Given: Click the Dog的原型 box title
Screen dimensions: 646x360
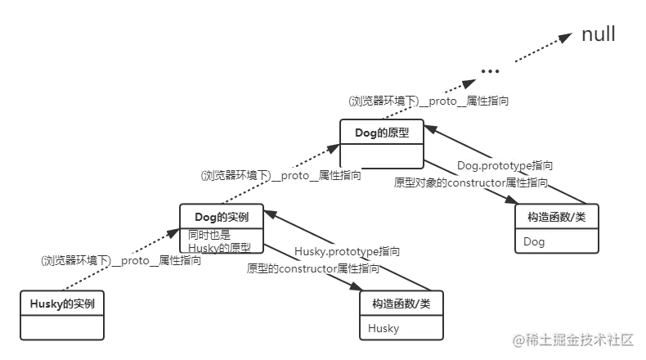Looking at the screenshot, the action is pos(382,132).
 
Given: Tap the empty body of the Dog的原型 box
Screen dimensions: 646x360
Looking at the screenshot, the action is pos(382,155).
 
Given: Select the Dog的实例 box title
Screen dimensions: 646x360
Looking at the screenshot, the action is pos(221,217).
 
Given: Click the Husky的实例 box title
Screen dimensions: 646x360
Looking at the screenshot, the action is pos(62,304).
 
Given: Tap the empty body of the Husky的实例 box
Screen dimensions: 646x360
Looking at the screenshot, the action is pos(62,327).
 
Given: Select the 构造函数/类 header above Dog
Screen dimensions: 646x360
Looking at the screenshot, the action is pos(556,217).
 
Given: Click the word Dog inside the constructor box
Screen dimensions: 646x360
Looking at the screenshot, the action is pos(534,242).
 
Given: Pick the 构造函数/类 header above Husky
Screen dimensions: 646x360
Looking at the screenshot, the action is pos(402,304).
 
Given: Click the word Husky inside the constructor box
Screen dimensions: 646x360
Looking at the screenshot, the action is pos(384,328).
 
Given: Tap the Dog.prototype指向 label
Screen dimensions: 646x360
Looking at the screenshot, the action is pos(505,166).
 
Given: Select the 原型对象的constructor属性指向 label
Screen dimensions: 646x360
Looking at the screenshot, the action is pos(470,182).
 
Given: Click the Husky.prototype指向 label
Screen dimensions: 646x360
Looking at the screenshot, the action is pos(347,251).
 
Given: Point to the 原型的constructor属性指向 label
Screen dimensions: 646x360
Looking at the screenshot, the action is pos(313,268).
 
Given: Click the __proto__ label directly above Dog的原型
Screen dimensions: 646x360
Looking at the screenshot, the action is pos(428,101).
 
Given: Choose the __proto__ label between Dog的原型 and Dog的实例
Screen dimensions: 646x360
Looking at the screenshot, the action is pos(281,174).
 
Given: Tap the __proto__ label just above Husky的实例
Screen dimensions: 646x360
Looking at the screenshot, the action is pos(121,261).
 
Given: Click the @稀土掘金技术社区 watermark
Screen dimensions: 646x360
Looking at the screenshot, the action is pos(573,339).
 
